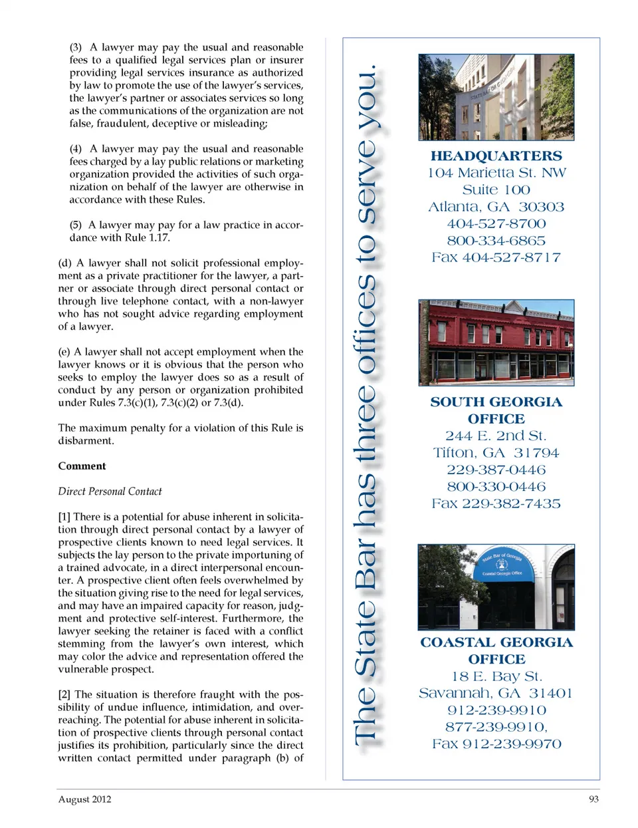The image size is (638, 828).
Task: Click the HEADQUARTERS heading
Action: pos(496,156)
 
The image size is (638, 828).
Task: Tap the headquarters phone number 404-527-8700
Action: pos(496,224)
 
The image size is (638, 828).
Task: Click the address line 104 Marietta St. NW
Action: pos(496,173)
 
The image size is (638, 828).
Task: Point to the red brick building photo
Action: pos(496,343)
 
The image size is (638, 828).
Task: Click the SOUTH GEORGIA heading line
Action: pos(496,402)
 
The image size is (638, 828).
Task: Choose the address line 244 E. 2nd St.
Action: pos(496,436)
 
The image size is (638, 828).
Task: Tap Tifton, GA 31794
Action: pos(496,453)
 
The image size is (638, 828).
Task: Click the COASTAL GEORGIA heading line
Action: pos(496,642)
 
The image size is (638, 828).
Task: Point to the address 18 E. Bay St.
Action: pos(496,676)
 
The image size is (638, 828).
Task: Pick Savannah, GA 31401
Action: pos(496,693)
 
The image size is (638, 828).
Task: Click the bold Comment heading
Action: pos(82,466)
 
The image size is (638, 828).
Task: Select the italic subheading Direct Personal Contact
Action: pos(110,491)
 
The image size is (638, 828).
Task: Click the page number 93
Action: pos(593,799)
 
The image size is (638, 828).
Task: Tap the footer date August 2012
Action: pos(84,799)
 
